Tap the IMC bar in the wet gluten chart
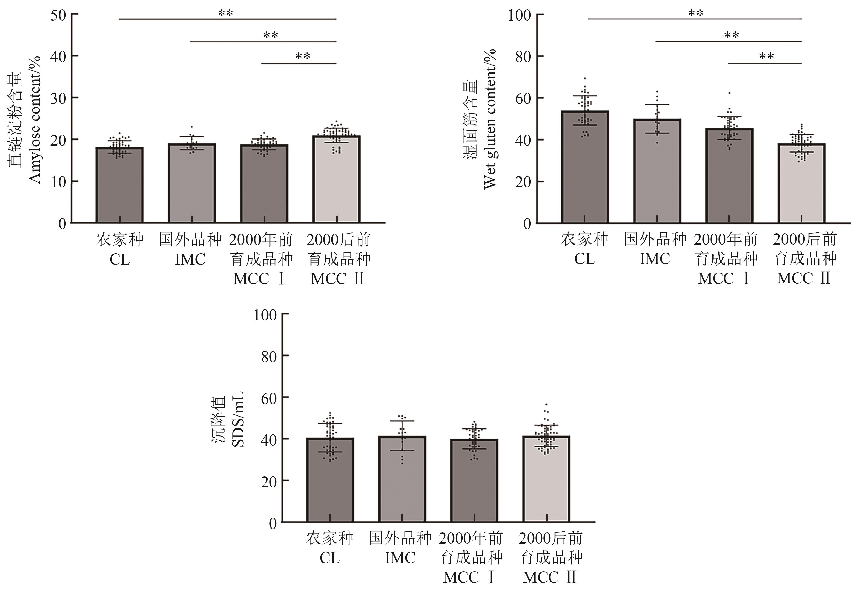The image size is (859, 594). pyautogui.click(x=657, y=171)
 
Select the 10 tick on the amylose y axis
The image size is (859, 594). pyautogui.click(x=59, y=182)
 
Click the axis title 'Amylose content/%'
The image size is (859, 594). pyautogui.click(x=35, y=119)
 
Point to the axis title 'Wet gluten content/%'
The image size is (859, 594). pyautogui.click(x=490, y=119)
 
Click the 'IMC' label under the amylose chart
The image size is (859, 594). pyautogui.click(x=190, y=259)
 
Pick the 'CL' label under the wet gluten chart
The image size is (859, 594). pyautogui.click(x=584, y=259)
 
